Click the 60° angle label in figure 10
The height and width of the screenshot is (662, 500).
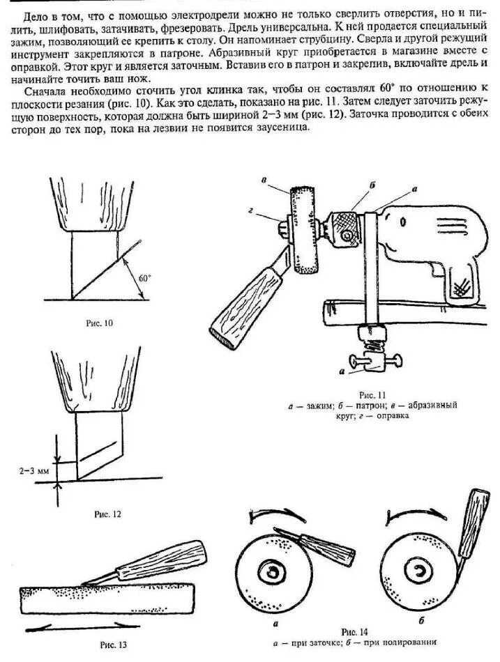(144, 277)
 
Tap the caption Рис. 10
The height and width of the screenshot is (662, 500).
(99, 323)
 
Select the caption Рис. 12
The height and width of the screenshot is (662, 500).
(107, 514)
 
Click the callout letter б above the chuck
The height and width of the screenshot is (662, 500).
(372, 184)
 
